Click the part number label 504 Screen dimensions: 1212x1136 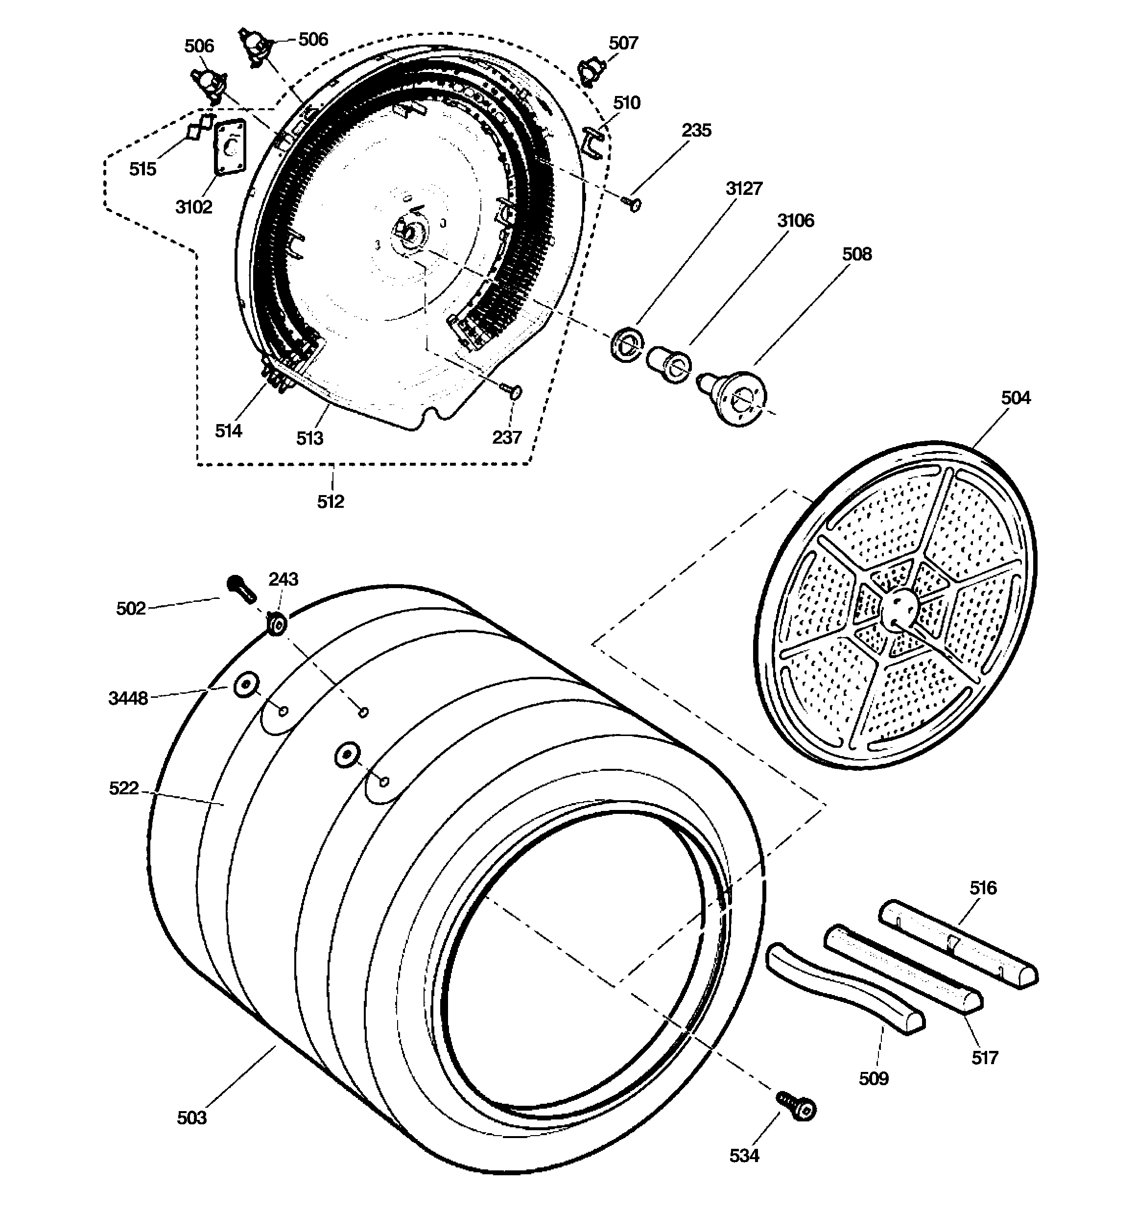point(1015,398)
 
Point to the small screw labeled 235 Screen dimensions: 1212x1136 point(632,204)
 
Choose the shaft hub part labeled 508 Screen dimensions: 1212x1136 point(735,395)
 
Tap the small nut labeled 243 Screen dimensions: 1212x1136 point(278,624)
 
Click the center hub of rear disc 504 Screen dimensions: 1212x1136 point(899,608)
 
